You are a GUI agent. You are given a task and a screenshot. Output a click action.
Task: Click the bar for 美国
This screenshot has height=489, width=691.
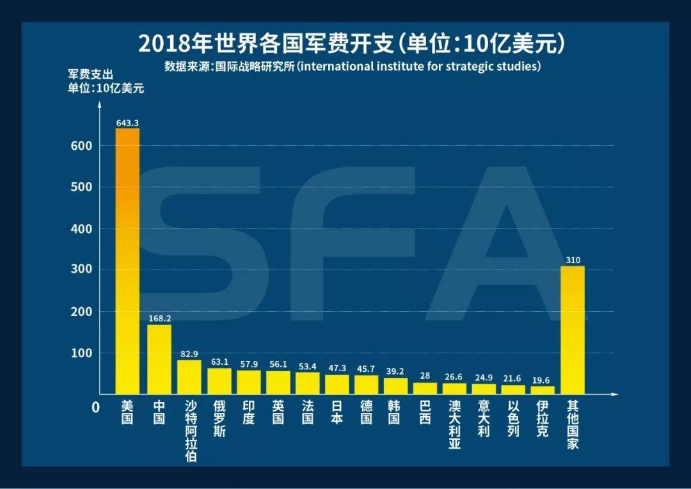coord(127,261)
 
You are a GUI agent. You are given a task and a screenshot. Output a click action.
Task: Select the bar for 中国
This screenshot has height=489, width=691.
coord(159,359)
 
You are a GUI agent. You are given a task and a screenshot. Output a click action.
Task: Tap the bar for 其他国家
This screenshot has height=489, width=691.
coord(573,330)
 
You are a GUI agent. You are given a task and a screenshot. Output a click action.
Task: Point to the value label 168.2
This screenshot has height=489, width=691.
coord(159,318)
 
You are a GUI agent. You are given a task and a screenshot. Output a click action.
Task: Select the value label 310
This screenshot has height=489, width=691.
coord(573,260)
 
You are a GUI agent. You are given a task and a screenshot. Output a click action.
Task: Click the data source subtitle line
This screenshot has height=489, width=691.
coord(353,67)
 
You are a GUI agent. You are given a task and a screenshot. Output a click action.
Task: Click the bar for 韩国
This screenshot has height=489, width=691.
coord(395,386)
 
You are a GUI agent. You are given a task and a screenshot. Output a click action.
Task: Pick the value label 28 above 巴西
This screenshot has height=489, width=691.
coord(425,376)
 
